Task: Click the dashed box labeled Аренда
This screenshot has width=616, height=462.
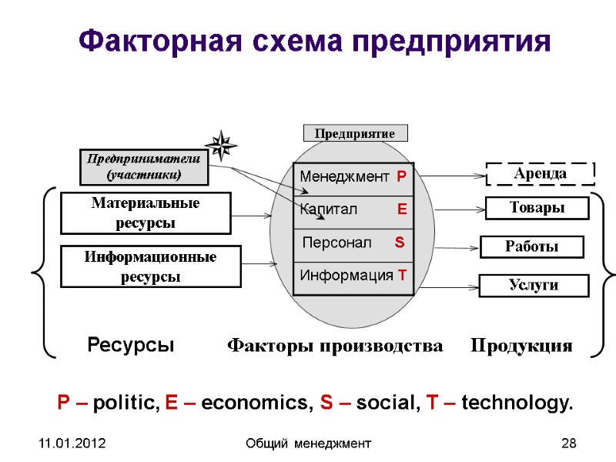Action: (541, 174)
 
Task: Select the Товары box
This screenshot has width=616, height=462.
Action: (537, 208)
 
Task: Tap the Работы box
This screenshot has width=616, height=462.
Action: (531, 246)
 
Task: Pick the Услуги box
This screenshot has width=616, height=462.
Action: (533, 286)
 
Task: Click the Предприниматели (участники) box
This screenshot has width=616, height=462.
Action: (144, 166)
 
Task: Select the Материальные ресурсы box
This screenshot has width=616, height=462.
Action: (146, 213)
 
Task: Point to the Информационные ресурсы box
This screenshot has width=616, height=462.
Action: (151, 266)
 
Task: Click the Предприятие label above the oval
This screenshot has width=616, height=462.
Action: (355, 133)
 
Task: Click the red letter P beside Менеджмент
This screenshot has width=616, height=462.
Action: (401, 177)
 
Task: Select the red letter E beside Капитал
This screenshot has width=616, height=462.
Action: (401, 209)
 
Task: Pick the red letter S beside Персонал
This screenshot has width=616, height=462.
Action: (399, 243)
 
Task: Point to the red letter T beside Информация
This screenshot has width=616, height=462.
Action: (402, 276)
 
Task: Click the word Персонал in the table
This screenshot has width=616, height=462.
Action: (336, 243)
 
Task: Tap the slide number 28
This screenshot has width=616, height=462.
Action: (569, 443)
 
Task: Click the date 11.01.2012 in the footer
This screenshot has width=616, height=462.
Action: (74, 443)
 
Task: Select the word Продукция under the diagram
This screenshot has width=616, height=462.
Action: (521, 346)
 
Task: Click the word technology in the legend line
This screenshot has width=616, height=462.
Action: (517, 403)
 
